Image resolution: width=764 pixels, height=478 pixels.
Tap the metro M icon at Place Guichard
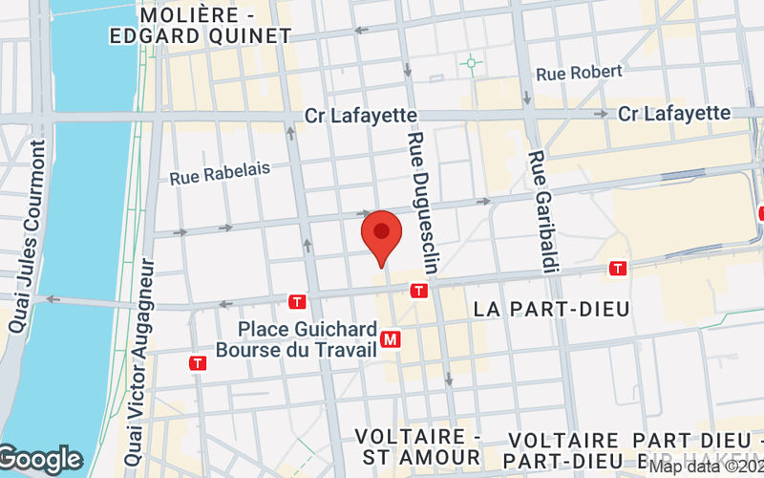coord(390,338)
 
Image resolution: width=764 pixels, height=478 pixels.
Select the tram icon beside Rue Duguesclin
coord(418,291)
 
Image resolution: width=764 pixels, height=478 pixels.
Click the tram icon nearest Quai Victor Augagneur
coord(198,363)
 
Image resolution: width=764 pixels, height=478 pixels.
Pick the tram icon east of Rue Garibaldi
coord(619,269)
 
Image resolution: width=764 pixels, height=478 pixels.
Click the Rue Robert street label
coord(579,73)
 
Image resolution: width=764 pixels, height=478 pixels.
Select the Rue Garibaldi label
coord(541,211)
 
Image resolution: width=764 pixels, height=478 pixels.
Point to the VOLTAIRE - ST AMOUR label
coord(418,446)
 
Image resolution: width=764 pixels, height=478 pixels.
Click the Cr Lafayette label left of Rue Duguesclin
coord(361,115)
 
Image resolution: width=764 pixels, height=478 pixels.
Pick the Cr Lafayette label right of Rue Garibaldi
coord(674,113)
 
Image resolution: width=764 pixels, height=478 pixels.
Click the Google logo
coord(41,460)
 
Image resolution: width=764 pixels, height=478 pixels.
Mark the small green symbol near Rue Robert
coord(470,64)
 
